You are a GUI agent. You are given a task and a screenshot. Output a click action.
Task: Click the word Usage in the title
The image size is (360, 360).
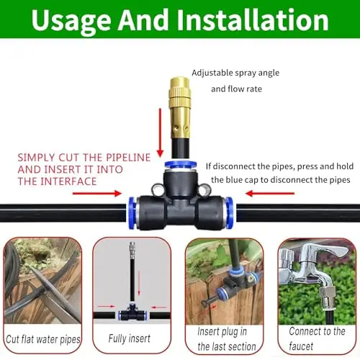[71, 21]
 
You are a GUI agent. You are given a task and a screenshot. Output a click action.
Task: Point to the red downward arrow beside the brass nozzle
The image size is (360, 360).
[160, 132]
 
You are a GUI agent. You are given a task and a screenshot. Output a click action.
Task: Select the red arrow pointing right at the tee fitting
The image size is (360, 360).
[97, 194]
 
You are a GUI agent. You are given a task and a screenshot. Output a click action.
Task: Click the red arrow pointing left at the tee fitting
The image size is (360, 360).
[270, 194]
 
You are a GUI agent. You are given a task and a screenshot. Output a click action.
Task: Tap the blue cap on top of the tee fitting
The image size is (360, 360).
[181, 165]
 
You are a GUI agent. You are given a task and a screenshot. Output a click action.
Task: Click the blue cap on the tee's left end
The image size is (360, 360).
[132, 212]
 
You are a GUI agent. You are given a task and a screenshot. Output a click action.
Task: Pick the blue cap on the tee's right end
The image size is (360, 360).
[230, 212]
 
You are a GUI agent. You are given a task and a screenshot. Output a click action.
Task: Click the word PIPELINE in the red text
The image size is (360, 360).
[128, 158]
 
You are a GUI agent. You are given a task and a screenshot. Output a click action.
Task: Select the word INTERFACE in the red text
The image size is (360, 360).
[68, 181]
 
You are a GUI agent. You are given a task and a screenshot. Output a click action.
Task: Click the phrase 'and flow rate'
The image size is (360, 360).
[236, 89]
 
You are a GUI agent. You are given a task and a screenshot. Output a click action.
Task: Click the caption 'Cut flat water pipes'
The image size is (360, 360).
[43, 339]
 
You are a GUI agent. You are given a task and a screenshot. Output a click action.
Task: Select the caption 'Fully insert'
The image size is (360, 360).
[130, 338]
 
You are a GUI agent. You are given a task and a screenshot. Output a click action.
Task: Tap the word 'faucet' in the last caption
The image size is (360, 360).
[301, 346]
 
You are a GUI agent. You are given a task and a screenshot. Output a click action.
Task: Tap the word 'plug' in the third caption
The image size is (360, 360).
[222, 332]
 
